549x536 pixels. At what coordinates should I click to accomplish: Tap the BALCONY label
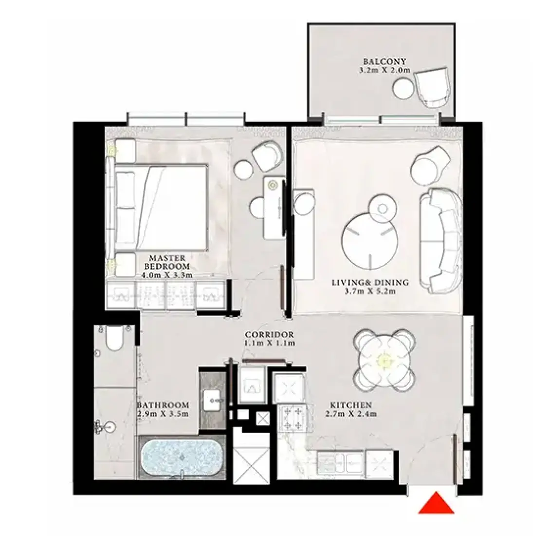click(384, 61)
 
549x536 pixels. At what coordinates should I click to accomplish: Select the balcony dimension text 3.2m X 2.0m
click(384, 70)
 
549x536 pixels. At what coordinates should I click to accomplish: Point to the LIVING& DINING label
click(370, 282)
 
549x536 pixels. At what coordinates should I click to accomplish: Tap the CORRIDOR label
click(269, 335)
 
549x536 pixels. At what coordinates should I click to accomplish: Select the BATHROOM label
click(163, 405)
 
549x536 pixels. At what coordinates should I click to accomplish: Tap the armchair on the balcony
click(433, 87)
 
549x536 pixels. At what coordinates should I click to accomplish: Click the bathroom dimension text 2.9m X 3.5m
click(163, 415)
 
